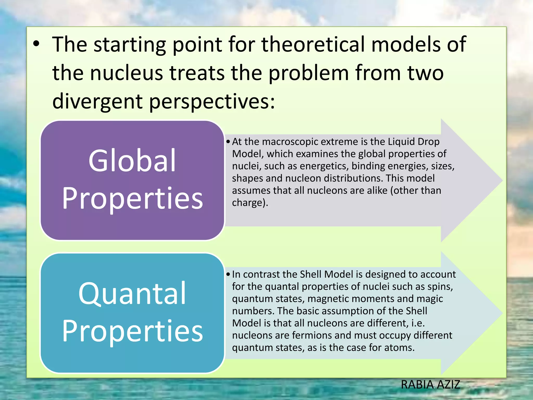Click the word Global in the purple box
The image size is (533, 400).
tap(132, 161)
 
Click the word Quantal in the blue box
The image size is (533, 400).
tap(132, 293)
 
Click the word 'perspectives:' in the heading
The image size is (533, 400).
tap(212, 101)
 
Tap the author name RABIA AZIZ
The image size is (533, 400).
tap(430, 385)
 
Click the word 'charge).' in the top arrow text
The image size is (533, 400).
tap(250, 203)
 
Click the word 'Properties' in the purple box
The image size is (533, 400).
tap(132, 198)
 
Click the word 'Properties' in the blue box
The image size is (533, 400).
tap(132, 331)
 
